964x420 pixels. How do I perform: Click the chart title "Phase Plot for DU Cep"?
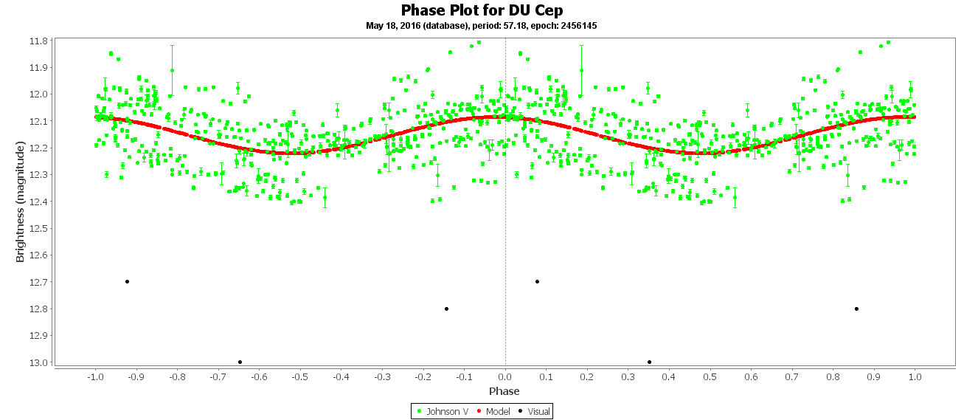tap(482, 10)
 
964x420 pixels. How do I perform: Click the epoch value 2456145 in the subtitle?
tap(578, 26)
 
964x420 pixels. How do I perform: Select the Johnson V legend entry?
tap(443, 411)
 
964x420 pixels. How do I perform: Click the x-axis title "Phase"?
tap(504, 391)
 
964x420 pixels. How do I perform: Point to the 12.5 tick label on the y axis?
tap(39, 228)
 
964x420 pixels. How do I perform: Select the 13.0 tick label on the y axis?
tap(39, 362)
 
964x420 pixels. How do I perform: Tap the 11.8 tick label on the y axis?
tap(39, 41)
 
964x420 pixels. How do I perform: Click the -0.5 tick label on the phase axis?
tap(299, 376)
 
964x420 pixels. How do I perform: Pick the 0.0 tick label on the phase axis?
tap(504, 376)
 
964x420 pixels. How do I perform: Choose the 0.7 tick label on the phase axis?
tap(792, 376)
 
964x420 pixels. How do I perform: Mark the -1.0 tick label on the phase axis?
tap(94, 376)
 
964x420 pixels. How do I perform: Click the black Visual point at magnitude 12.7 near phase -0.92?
tap(127, 281)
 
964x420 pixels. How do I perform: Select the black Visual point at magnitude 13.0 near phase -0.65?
tap(240, 362)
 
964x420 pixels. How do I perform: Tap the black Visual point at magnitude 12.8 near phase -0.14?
tap(446, 309)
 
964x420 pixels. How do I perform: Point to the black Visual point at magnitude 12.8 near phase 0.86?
tap(856, 309)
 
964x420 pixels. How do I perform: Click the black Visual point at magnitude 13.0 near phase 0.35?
tap(649, 362)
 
